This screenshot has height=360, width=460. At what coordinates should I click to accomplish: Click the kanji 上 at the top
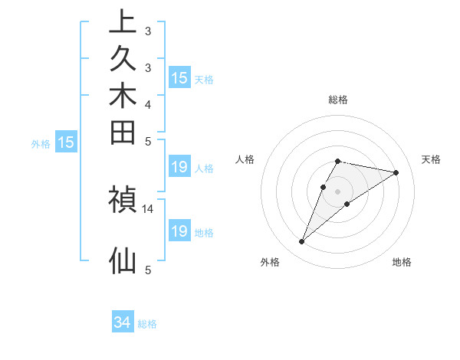click(x=123, y=22)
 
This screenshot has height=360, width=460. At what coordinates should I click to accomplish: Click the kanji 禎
click(x=123, y=200)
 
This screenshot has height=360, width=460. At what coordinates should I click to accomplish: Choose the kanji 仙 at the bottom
click(x=123, y=260)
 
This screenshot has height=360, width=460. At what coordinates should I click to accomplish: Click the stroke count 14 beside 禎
click(x=148, y=208)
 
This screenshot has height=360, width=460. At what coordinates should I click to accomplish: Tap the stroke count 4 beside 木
click(x=148, y=104)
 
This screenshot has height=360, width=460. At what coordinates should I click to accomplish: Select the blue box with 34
click(x=122, y=323)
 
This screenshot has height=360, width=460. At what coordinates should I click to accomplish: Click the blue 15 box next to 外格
click(x=67, y=142)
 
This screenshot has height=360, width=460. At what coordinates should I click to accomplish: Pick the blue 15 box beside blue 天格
click(x=179, y=78)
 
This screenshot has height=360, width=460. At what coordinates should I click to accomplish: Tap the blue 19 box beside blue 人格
click(x=179, y=168)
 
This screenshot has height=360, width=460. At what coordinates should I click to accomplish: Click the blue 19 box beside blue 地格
click(x=179, y=231)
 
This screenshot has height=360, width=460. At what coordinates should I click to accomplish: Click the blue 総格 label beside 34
click(x=147, y=324)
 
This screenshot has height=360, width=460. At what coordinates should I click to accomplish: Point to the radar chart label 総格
click(x=338, y=100)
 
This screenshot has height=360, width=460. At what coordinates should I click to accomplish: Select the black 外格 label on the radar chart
click(x=270, y=262)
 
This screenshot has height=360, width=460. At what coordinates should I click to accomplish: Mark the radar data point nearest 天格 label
click(x=396, y=172)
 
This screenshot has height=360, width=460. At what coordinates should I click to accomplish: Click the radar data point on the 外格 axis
click(x=302, y=242)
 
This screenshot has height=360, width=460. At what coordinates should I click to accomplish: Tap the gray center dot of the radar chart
click(x=338, y=191)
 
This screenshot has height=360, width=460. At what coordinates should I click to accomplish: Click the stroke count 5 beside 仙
click(x=148, y=269)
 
